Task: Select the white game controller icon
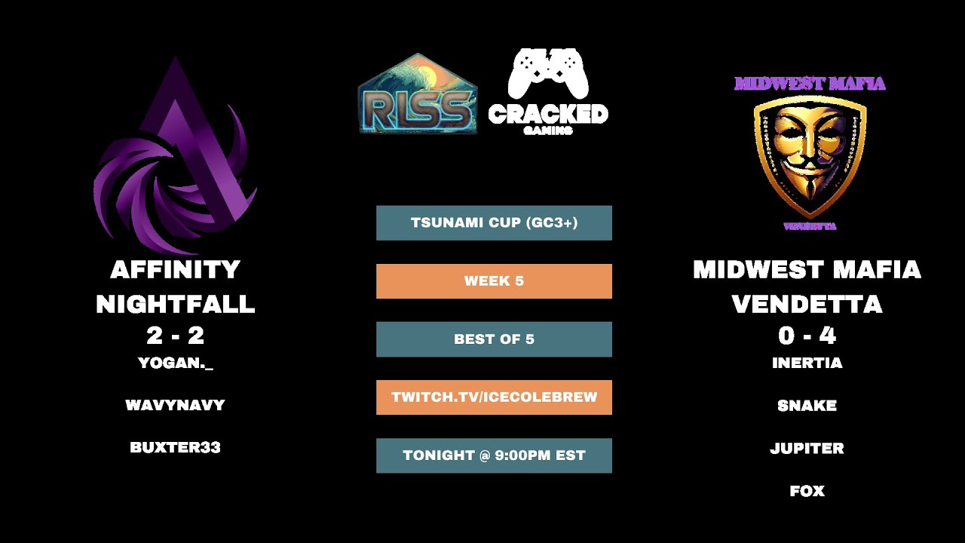point(548,73)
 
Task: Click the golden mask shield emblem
point(810,155)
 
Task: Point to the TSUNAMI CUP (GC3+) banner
point(494,222)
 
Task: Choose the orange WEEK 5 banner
point(494,281)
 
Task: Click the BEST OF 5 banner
point(494,339)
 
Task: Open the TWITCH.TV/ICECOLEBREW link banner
point(494,397)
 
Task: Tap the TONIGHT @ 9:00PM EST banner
point(494,455)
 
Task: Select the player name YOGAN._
point(176,363)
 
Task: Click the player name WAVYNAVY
point(175,405)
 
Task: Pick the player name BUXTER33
point(175,447)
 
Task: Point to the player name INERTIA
point(807,363)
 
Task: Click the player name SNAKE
point(807,406)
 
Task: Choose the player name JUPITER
point(807,448)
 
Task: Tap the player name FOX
point(807,491)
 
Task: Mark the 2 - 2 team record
point(175,335)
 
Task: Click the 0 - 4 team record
point(807,335)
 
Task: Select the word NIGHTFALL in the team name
point(175,304)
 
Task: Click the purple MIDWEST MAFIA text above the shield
point(810,83)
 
